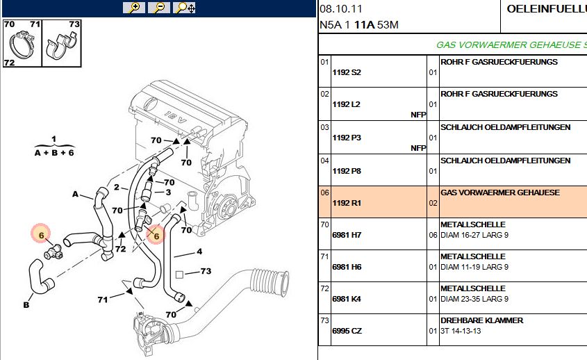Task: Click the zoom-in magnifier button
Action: [x=133, y=8]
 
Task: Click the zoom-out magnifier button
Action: [x=159, y=8]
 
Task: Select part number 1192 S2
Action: [x=347, y=72]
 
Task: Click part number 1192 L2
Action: [x=347, y=104]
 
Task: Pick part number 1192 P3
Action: [x=347, y=138]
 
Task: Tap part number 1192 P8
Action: [x=347, y=171]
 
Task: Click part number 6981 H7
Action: [x=347, y=236]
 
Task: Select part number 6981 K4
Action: [x=347, y=300]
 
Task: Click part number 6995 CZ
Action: [x=347, y=331]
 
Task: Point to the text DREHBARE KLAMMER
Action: [x=481, y=320]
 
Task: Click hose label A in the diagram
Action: [x=76, y=195]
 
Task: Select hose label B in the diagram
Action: [x=26, y=304]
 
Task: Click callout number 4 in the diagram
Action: [x=199, y=251]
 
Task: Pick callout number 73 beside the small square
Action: [x=206, y=271]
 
